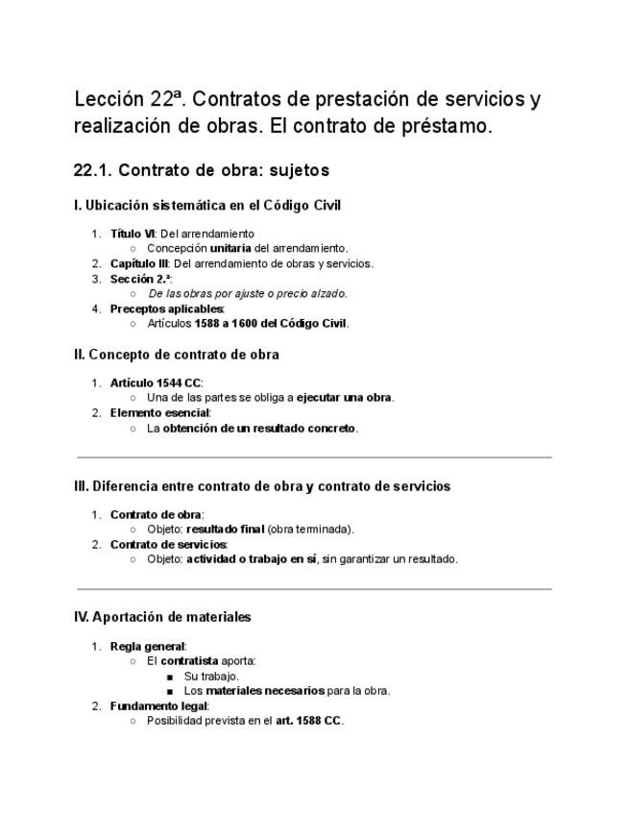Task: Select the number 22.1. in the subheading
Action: click(x=93, y=171)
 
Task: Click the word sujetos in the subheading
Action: click(x=300, y=171)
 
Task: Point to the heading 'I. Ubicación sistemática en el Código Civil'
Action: click(x=206, y=205)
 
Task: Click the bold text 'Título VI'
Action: click(x=133, y=234)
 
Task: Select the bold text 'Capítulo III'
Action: click(x=139, y=263)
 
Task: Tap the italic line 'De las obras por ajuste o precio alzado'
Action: click(x=248, y=293)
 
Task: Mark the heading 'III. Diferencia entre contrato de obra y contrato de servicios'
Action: click(x=261, y=486)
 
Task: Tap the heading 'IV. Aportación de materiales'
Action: click(x=162, y=617)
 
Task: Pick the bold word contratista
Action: click(x=189, y=661)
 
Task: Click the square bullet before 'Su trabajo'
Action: click(x=170, y=677)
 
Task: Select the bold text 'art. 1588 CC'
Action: click(x=308, y=721)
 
